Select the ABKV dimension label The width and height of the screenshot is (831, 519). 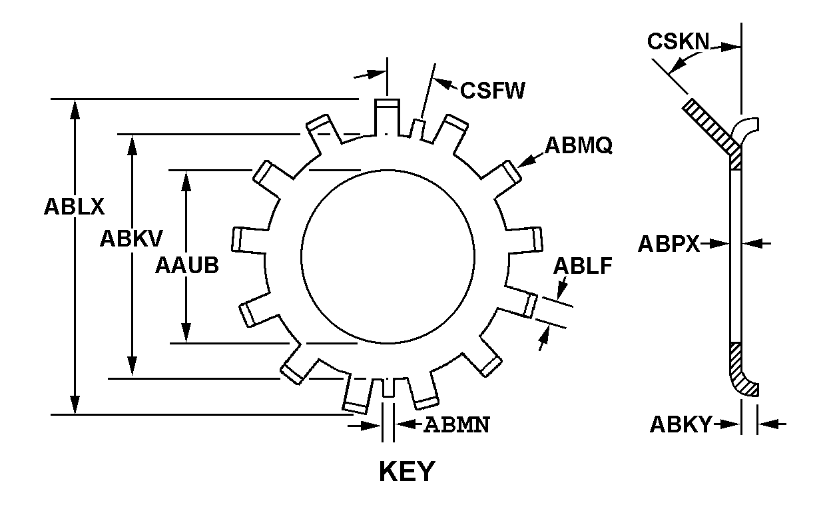[132, 238]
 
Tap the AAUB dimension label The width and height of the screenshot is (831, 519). [187, 265]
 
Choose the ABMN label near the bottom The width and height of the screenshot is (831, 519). [457, 424]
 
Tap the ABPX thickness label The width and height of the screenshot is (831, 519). [669, 244]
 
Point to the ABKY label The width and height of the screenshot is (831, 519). [681, 424]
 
